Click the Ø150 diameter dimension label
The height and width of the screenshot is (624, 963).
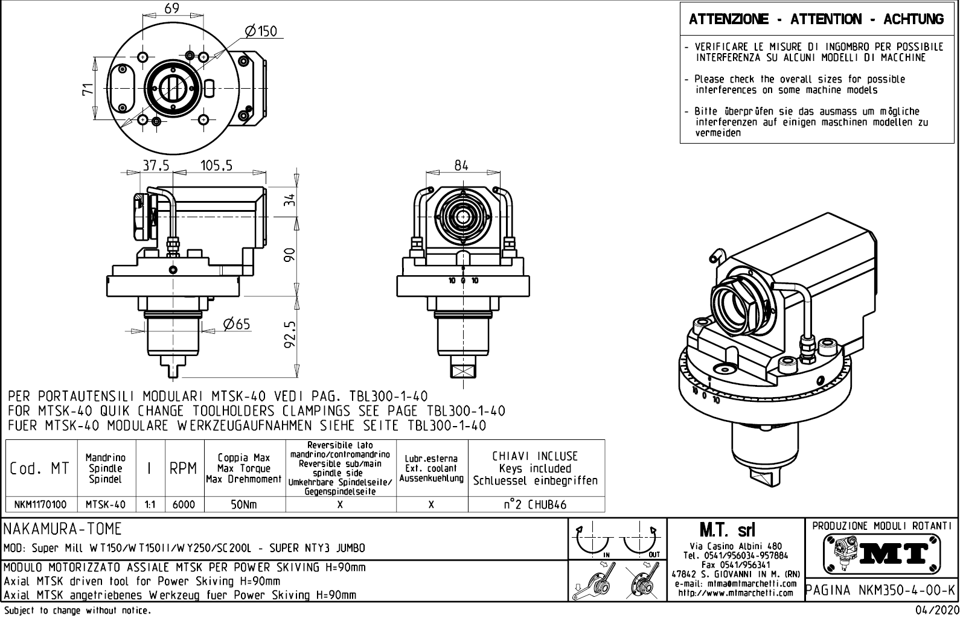tap(261, 31)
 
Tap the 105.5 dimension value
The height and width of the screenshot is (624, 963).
tap(216, 165)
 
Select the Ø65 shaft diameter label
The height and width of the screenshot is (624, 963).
tap(236, 325)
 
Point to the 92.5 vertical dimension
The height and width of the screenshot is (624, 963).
tap(290, 334)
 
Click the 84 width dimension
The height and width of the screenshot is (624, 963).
tap(461, 165)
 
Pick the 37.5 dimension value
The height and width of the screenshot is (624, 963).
tap(156, 165)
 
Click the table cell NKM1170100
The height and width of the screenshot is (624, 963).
tap(41, 505)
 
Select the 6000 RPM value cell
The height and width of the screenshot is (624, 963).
tap(184, 505)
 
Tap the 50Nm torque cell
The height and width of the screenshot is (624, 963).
tap(245, 505)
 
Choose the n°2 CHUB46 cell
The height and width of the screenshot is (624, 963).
tap(536, 505)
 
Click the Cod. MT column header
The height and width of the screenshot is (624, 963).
tap(40, 468)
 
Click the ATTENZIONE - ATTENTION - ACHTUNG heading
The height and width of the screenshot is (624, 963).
tap(816, 19)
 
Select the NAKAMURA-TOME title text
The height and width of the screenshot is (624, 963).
tap(63, 529)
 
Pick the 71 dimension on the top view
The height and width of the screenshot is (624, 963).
tap(88, 89)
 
